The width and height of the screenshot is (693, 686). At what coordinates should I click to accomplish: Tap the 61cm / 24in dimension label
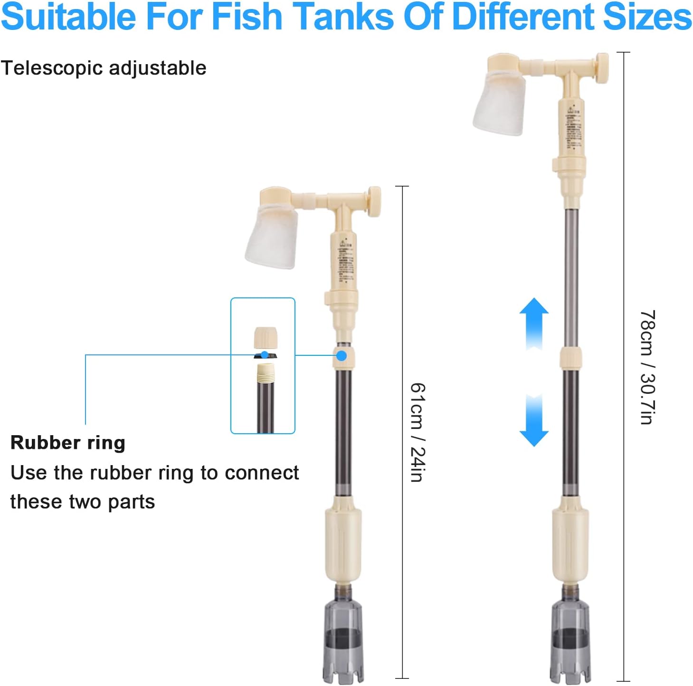tap(418, 432)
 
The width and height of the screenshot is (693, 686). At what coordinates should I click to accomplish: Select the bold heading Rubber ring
tap(68, 442)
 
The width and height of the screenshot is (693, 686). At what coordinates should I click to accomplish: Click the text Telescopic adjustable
tap(104, 68)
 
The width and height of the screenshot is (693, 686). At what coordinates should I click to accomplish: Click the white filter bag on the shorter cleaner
tap(272, 237)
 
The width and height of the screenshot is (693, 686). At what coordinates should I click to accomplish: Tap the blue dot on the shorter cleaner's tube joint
tap(342, 355)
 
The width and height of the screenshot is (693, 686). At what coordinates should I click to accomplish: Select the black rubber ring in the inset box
tap(265, 355)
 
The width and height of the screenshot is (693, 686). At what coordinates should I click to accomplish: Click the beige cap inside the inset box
tap(266, 338)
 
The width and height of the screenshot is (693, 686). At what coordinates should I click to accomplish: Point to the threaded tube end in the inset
tap(266, 373)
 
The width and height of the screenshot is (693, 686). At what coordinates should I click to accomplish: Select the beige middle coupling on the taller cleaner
tap(570, 358)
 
